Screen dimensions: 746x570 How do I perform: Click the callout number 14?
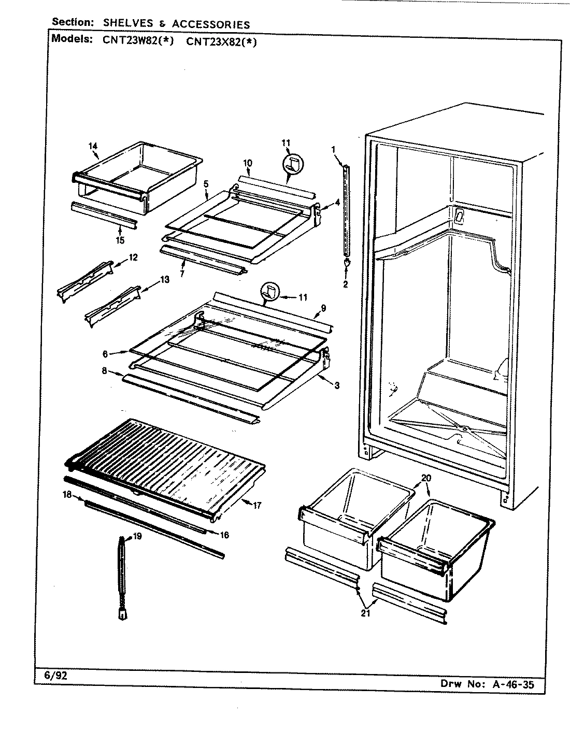pos(93,146)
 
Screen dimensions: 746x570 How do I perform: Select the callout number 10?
pos(247,163)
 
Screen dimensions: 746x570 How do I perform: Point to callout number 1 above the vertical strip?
pos(334,150)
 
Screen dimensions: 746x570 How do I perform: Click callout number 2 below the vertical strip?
pos(345,284)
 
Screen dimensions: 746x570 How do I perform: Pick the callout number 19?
pos(137,537)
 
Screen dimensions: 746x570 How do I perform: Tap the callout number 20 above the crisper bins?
pos(425,478)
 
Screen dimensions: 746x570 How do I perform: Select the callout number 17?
pos(257,506)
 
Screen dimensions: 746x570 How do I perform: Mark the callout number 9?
pos(323,308)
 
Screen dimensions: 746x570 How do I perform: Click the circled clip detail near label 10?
pos(293,165)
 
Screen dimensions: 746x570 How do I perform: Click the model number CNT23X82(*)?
pos(221,42)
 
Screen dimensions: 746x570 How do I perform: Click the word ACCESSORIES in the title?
pos(211,24)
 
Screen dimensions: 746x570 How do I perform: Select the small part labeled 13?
pos(112,307)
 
